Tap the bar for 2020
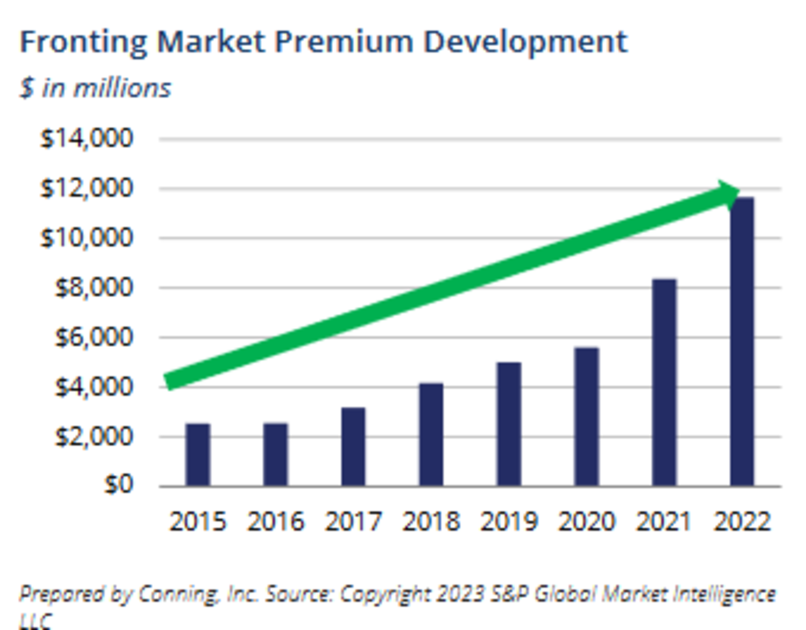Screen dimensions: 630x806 coord(587,417)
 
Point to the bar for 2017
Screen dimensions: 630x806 coord(353,447)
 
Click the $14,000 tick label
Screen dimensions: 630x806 coord(86,139)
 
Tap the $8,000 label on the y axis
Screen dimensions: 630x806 coord(93,288)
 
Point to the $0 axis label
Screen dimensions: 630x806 coord(118,484)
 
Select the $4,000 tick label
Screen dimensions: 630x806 coord(93,387)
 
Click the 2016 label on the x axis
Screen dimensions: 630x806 coord(276,521)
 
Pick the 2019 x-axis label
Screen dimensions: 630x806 coord(509,521)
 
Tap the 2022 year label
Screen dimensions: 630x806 coord(742,521)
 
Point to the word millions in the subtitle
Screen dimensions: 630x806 coord(122,88)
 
